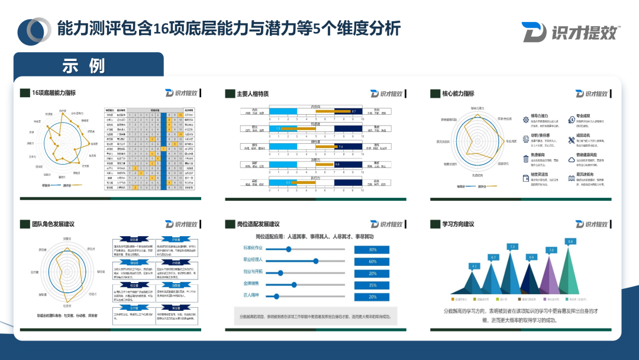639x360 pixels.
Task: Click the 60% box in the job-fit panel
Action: pyautogui.click(x=373, y=261)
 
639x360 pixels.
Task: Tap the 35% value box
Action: pyautogui.click(x=373, y=285)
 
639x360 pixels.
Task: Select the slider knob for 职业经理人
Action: pyautogui.click(x=315, y=261)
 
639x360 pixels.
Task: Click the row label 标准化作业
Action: pyautogui.click(x=253, y=249)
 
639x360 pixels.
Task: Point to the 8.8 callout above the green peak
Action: pyautogui.click(x=570, y=242)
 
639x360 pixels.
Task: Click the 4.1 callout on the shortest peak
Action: pyautogui.click(x=474, y=266)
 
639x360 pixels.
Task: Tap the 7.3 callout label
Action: pyautogui.click(x=512, y=246)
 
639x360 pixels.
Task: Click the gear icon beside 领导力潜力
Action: pyautogui.click(x=526, y=120)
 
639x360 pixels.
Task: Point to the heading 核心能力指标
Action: pyautogui.click(x=458, y=94)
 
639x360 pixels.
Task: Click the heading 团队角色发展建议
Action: pyautogui.click(x=52, y=224)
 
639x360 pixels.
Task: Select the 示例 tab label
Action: pyautogui.click(x=83, y=66)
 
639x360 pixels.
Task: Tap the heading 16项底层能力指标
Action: pyautogui.click(x=54, y=94)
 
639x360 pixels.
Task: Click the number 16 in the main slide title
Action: pyautogui.click(x=161, y=28)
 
